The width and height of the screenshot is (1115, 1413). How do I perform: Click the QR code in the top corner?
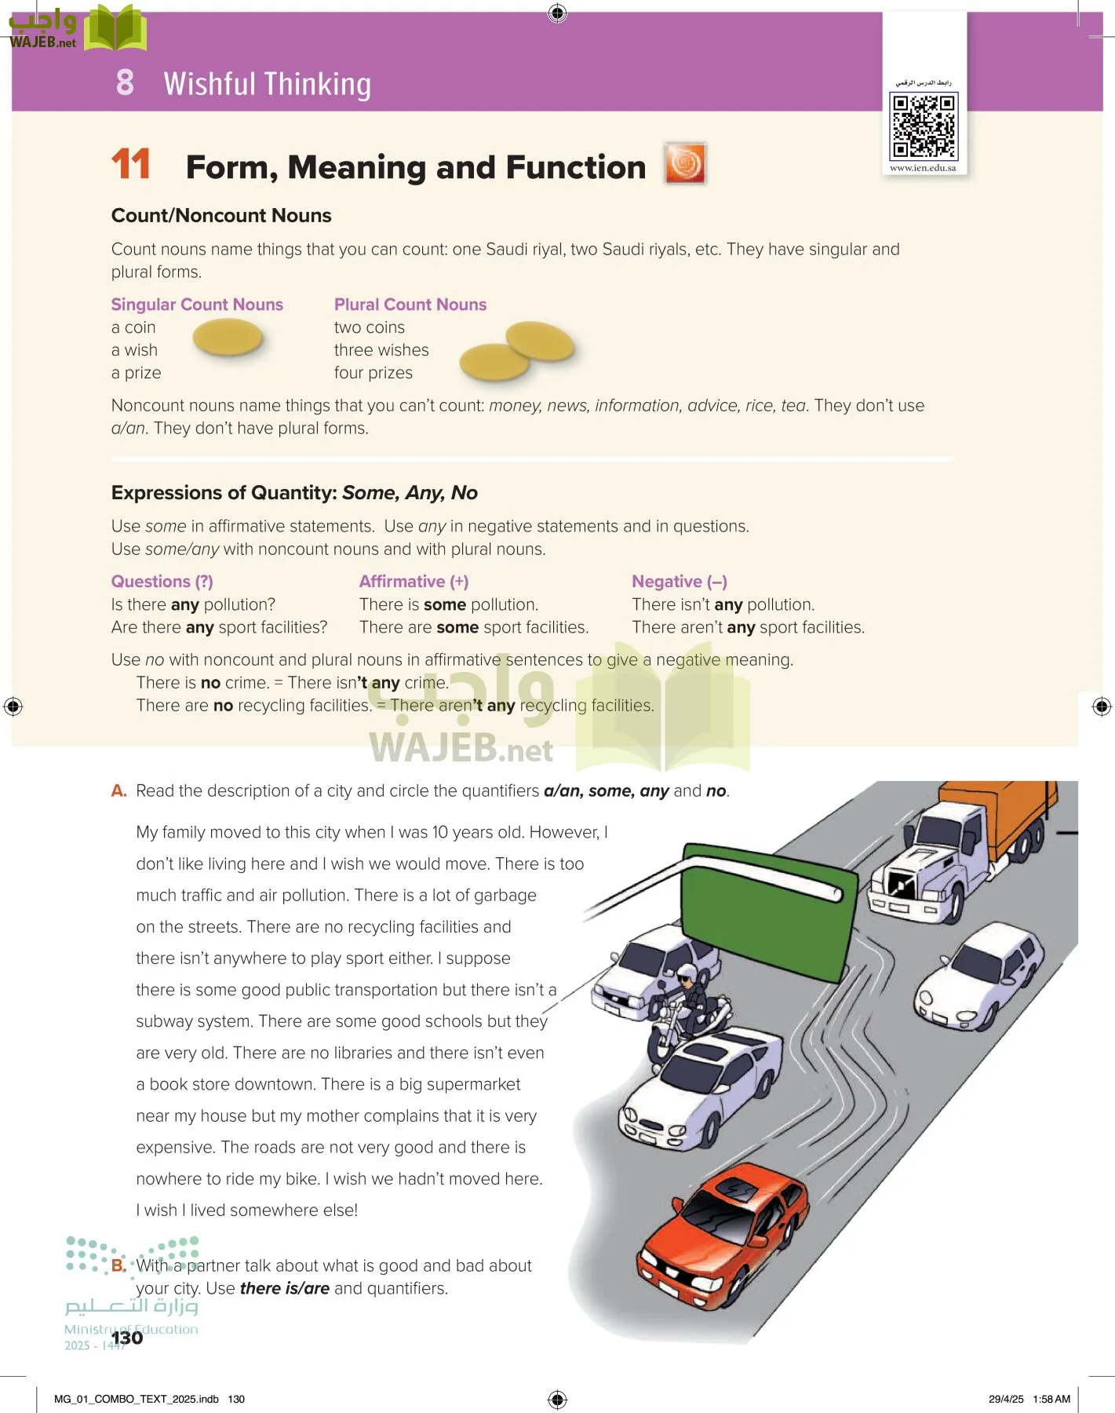pos(924,125)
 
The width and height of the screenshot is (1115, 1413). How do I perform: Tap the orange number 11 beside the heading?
pos(131,165)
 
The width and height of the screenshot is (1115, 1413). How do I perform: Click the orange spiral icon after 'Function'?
pos(685,164)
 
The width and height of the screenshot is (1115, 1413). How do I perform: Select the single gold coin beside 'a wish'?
pos(228,339)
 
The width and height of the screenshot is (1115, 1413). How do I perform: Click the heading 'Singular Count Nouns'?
pos(197,305)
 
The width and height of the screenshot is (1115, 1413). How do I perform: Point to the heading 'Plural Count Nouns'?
pos(410,305)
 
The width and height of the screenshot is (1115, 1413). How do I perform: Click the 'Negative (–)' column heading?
pos(680,582)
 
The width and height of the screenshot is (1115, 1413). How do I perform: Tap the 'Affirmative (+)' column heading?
pos(414,582)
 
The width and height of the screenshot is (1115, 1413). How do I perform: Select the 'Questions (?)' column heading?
pos(162,582)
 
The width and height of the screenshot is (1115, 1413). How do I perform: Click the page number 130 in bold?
pos(127,1338)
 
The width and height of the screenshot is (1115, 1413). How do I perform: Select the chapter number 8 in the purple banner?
pos(125,82)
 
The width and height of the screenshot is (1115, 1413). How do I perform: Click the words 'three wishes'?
pos(381,350)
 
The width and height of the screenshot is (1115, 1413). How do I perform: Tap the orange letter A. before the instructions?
pos(118,791)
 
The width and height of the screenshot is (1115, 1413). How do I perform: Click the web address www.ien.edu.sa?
pos(923,168)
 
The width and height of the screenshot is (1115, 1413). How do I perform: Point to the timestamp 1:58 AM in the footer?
pos(1051,1399)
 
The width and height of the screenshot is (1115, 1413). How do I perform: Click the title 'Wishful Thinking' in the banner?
pos(267,84)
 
